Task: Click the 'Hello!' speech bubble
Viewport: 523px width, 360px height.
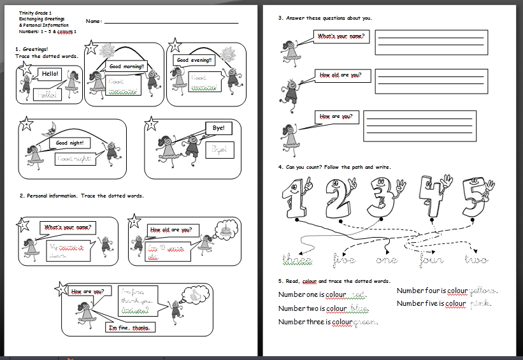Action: click(50, 74)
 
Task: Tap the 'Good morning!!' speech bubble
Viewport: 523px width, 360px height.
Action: click(127, 66)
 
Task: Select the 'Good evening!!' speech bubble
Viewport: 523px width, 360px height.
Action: click(194, 61)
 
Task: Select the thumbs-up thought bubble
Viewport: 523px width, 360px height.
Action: click(194, 294)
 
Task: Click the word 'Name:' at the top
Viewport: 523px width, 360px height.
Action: click(94, 22)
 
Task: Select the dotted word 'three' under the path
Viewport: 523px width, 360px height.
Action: click(297, 260)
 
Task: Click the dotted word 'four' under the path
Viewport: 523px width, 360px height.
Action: click(431, 260)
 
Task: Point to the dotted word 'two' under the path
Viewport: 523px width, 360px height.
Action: click(476, 260)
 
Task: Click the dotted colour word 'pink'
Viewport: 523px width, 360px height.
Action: click(480, 304)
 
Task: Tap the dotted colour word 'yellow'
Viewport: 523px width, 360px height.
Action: click(483, 291)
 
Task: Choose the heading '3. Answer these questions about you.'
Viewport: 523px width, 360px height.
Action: click(325, 18)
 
